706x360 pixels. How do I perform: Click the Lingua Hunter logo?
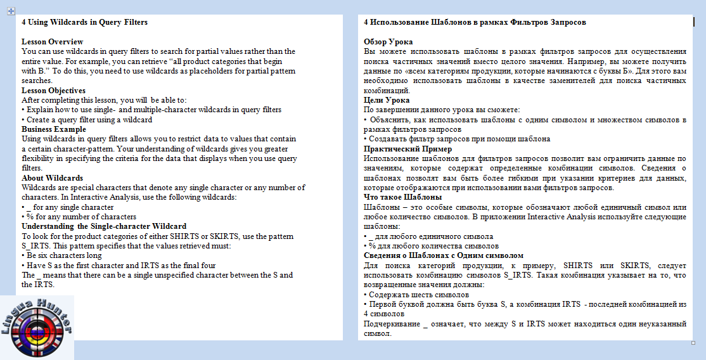pyautogui.click(x=37, y=327)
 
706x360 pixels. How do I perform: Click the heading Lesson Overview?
pyautogui.click(x=52, y=41)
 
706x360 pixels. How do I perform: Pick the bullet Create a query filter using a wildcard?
pyautogui.click(x=89, y=119)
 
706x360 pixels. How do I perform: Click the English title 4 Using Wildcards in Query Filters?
pyautogui.click(x=84, y=22)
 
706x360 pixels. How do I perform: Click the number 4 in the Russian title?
pyautogui.click(x=366, y=22)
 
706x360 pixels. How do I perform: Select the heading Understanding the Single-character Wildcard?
pyautogui.click(x=104, y=226)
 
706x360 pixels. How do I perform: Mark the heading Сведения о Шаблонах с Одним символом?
pyautogui.click(x=444, y=255)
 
